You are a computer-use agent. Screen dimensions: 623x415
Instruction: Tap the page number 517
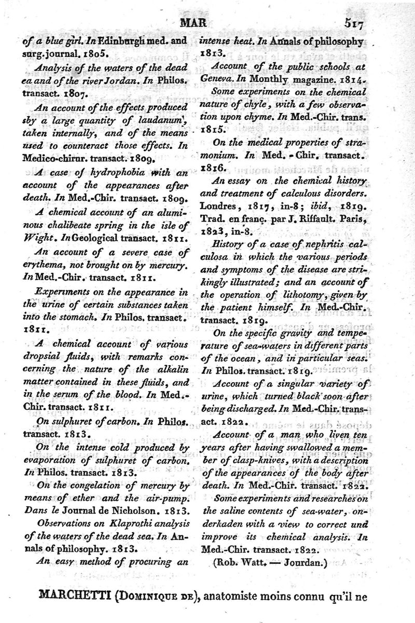point(355,24)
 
